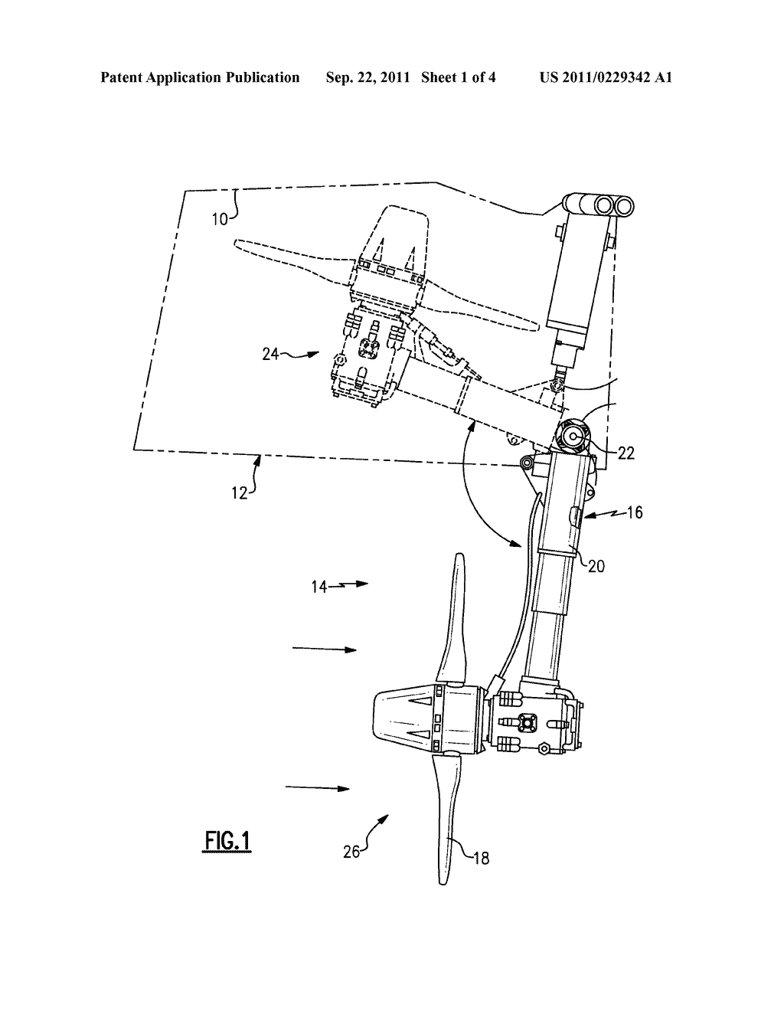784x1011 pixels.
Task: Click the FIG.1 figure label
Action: point(227,840)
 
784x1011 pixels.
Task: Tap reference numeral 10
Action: point(220,218)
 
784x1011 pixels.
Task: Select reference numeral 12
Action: point(240,492)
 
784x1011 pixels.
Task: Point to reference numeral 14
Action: point(318,587)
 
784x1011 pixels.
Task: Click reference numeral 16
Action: point(634,512)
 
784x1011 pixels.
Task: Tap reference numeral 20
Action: point(596,565)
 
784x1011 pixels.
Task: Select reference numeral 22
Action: point(626,453)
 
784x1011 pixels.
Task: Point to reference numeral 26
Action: point(351,851)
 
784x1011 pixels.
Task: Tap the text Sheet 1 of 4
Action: point(458,77)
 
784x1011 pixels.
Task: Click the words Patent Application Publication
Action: point(200,77)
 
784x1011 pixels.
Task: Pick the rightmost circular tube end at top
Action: point(623,205)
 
